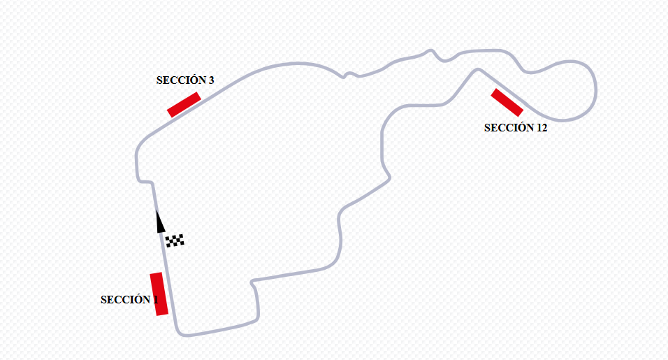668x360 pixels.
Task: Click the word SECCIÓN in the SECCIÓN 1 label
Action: click(124, 299)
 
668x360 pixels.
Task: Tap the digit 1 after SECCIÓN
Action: click(156, 299)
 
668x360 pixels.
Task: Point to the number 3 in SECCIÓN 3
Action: click(210, 80)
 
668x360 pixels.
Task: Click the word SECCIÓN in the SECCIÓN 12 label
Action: click(508, 127)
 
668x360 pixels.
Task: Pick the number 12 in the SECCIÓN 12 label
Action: click(542, 127)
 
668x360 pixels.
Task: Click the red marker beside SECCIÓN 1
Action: click(159, 294)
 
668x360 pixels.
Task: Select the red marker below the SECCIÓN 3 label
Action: click(184, 104)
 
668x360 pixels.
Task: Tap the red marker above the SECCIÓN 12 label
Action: click(507, 102)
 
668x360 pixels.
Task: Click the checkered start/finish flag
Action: click(175, 240)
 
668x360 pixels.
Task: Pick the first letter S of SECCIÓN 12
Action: click(487, 127)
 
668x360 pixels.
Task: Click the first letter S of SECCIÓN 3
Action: click(159, 80)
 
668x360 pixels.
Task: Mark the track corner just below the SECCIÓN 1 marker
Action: click(180, 333)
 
